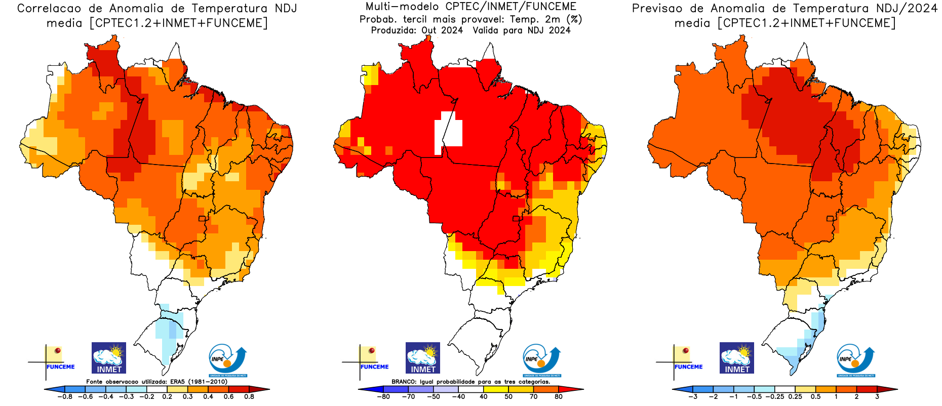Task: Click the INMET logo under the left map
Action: tap(109, 358)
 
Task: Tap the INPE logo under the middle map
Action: tap(541, 360)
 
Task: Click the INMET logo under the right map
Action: tap(737, 358)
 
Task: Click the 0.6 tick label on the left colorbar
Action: tap(228, 397)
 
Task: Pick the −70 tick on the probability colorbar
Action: tap(408, 397)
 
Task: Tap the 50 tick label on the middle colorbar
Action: tap(508, 397)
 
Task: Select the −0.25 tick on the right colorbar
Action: tap(775, 397)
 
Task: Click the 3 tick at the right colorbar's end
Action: tap(877, 397)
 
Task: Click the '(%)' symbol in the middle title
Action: tap(574, 19)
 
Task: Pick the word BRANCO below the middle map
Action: tap(404, 382)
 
